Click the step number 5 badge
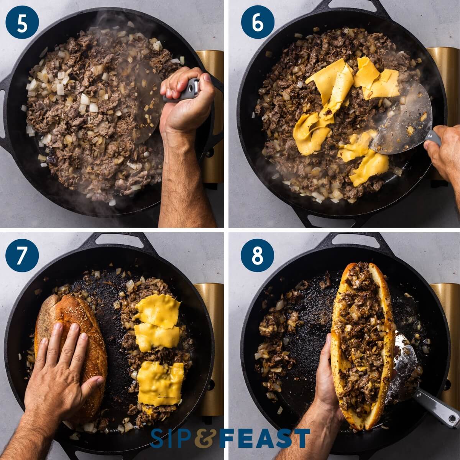click(x=22, y=22)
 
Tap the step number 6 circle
click(x=258, y=22)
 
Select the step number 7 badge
click(x=22, y=255)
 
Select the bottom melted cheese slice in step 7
click(x=160, y=383)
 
